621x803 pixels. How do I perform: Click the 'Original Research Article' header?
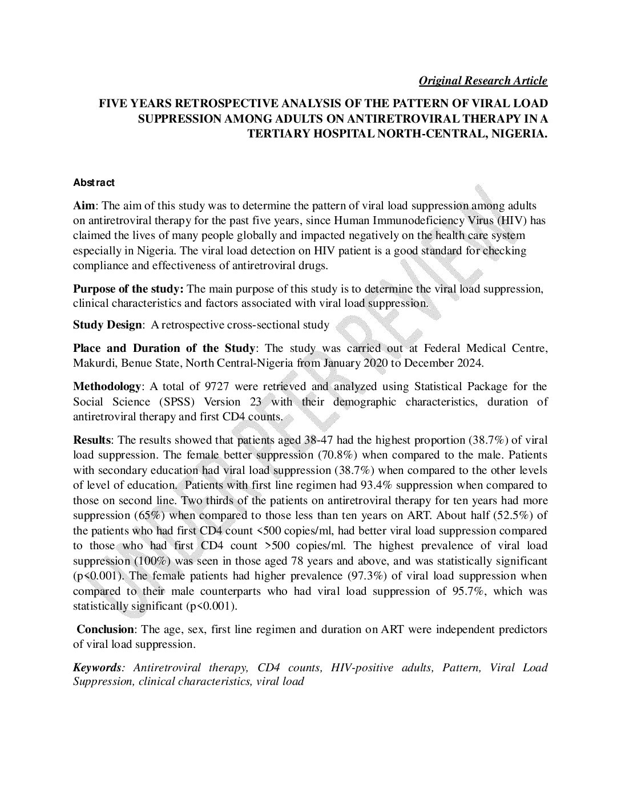483,80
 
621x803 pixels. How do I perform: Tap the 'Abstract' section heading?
94,182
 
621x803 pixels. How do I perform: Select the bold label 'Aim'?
83,205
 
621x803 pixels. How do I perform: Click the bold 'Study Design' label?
107,325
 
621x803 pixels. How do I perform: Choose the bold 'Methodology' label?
106,387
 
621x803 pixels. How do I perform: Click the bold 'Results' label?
91,440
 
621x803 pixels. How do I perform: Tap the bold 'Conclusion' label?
105,630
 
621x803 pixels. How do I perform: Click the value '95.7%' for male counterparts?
466,591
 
